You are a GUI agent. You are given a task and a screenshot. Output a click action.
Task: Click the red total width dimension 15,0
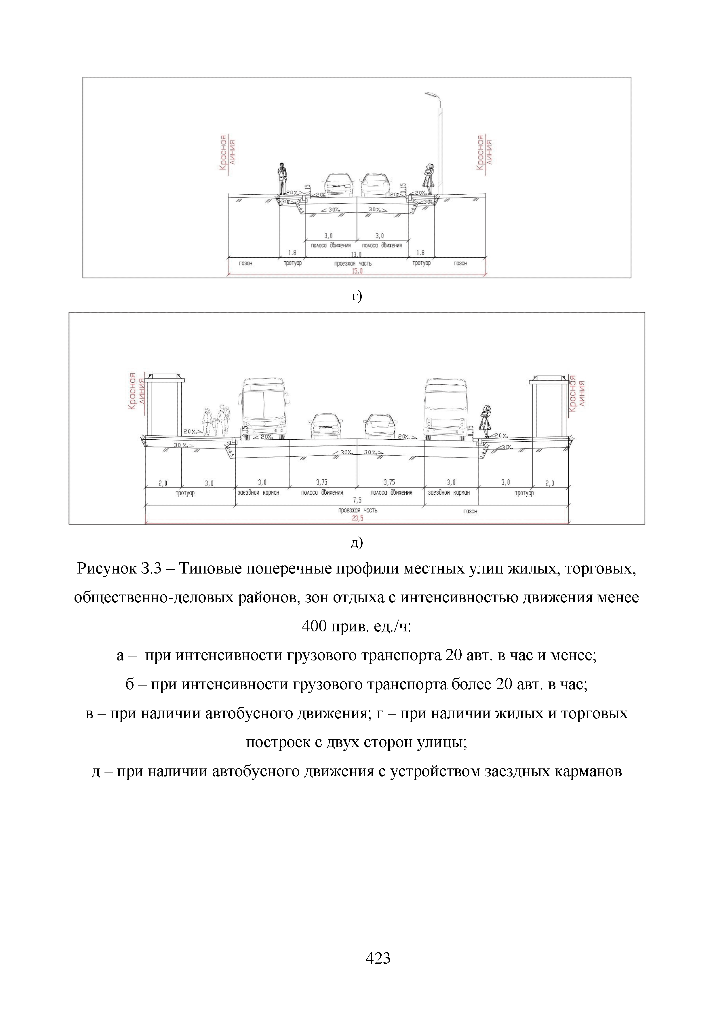point(357,272)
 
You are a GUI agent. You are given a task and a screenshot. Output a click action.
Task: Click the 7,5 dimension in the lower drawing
point(357,500)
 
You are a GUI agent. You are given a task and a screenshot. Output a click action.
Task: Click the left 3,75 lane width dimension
point(322,483)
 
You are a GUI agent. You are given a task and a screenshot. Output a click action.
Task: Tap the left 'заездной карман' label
point(258,493)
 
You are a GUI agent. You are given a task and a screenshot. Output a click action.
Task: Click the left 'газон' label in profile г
point(246,263)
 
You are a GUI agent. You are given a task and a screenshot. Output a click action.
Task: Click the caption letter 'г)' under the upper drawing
point(357,296)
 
